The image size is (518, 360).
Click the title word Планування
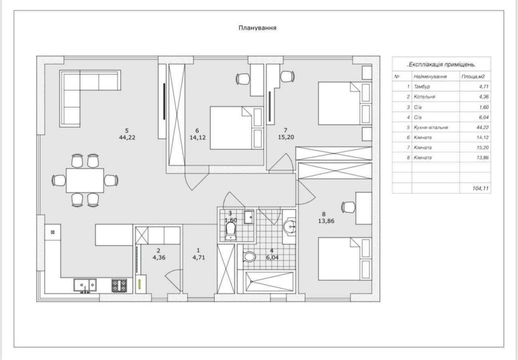(x=257, y=28)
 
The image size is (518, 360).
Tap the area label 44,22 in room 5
(x=127, y=138)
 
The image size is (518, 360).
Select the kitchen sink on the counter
(x=85, y=285)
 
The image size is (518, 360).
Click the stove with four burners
(x=119, y=286)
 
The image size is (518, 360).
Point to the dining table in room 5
(x=85, y=180)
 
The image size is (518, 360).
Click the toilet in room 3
(x=231, y=231)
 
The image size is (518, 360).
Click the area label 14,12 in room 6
(x=197, y=138)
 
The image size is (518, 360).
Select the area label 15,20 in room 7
(x=286, y=137)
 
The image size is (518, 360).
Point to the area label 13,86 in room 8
(x=326, y=221)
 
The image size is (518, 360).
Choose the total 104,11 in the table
(x=481, y=188)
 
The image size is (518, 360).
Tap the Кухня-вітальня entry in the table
(x=431, y=127)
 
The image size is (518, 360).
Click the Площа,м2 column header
(x=473, y=77)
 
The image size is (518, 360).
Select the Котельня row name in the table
(x=424, y=97)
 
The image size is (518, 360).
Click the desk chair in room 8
(x=348, y=207)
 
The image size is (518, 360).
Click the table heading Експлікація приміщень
(x=441, y=65)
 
